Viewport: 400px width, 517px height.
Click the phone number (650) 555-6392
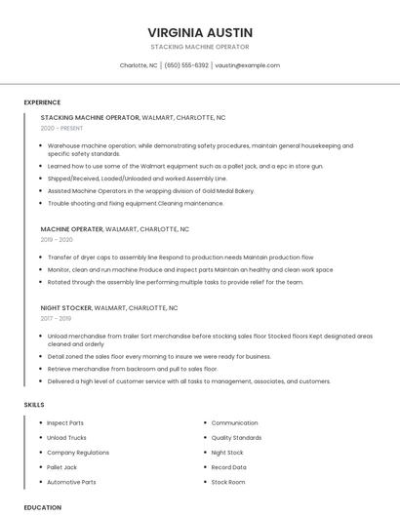coord(186,65)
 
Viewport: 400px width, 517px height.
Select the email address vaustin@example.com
coord(247,65)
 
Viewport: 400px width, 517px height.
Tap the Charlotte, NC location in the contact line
coord(139,65)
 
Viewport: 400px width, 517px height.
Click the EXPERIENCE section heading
coord(42,102)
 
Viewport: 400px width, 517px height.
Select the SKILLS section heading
coord(34,404)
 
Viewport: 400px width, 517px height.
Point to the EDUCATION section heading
coord(42,507)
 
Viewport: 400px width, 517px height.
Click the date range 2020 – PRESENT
coord(61,128)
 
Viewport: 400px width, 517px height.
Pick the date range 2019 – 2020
coord(57,239)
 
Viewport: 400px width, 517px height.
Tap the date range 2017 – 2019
coord(56,318)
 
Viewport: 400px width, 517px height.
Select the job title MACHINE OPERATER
coord(71,228)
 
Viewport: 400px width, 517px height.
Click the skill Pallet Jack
coord(62,467)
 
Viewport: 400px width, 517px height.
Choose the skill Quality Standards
coord(236,438)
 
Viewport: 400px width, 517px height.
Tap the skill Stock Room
coord(228,482)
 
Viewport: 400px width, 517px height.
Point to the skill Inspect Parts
coord(65,423)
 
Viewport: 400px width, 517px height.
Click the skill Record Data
coord(229,467)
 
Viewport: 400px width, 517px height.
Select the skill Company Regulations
coord(78,453)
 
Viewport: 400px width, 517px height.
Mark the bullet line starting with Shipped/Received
coord(137,179)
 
